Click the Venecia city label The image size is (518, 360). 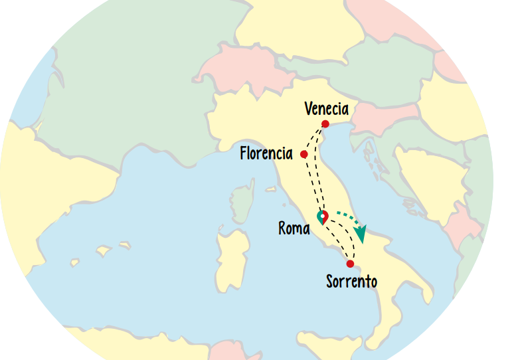coord(326,109)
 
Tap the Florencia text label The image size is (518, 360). coord(266,153)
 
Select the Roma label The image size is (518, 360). coord(294,228)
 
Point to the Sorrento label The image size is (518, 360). coord(351,282)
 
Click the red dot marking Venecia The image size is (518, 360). coord(325,124)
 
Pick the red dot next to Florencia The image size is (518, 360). coord(303,154)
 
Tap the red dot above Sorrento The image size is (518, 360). coord(350,264)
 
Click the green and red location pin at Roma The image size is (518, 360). coord(323,217)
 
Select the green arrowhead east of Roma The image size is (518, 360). coord(361,234)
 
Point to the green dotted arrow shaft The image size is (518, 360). coord(347,215)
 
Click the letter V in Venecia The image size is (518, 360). coord(308,109)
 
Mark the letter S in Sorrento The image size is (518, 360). coord(330,282)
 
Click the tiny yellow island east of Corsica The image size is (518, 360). coord(270,189)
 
